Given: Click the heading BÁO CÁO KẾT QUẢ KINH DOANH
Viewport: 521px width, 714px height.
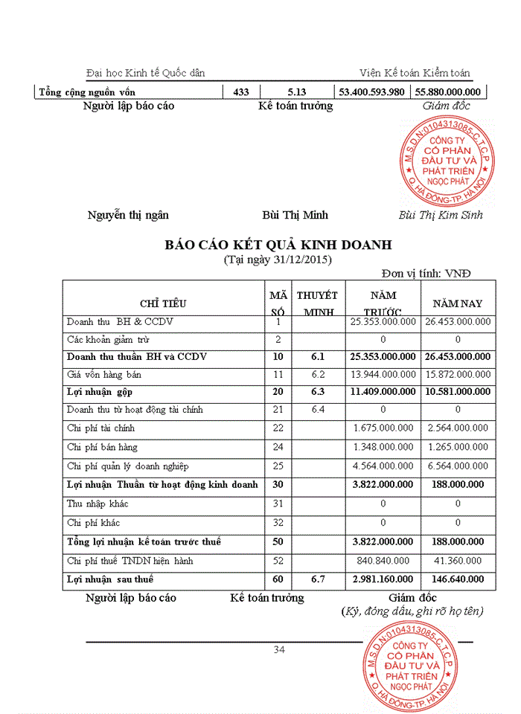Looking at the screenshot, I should pos(278,245).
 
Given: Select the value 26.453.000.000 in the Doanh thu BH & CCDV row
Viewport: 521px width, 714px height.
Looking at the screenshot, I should pos(458,322).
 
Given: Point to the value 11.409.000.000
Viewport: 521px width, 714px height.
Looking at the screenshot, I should pos(382,391).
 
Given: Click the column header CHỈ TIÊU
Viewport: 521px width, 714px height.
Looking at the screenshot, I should pos(163,303).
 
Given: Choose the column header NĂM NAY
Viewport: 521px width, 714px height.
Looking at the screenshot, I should pos(458,303).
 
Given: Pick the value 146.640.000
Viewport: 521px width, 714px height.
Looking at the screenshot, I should pos(458,579).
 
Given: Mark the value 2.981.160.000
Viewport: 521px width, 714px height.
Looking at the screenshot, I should pos(382,579).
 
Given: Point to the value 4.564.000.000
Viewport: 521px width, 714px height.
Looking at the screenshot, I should pos(382,466).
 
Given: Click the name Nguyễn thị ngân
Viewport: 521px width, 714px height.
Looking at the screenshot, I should pos(128,215).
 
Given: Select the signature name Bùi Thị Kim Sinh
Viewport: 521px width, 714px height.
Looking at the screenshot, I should pos(441,215).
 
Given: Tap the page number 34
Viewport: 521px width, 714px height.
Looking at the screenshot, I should pos(279,649).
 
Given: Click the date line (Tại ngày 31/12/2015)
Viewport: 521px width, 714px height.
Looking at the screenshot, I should pos(278,260).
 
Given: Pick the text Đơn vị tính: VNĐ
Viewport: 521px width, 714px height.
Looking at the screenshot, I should pos(426,273).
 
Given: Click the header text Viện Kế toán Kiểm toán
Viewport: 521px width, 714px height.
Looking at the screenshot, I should pos(414,72).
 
